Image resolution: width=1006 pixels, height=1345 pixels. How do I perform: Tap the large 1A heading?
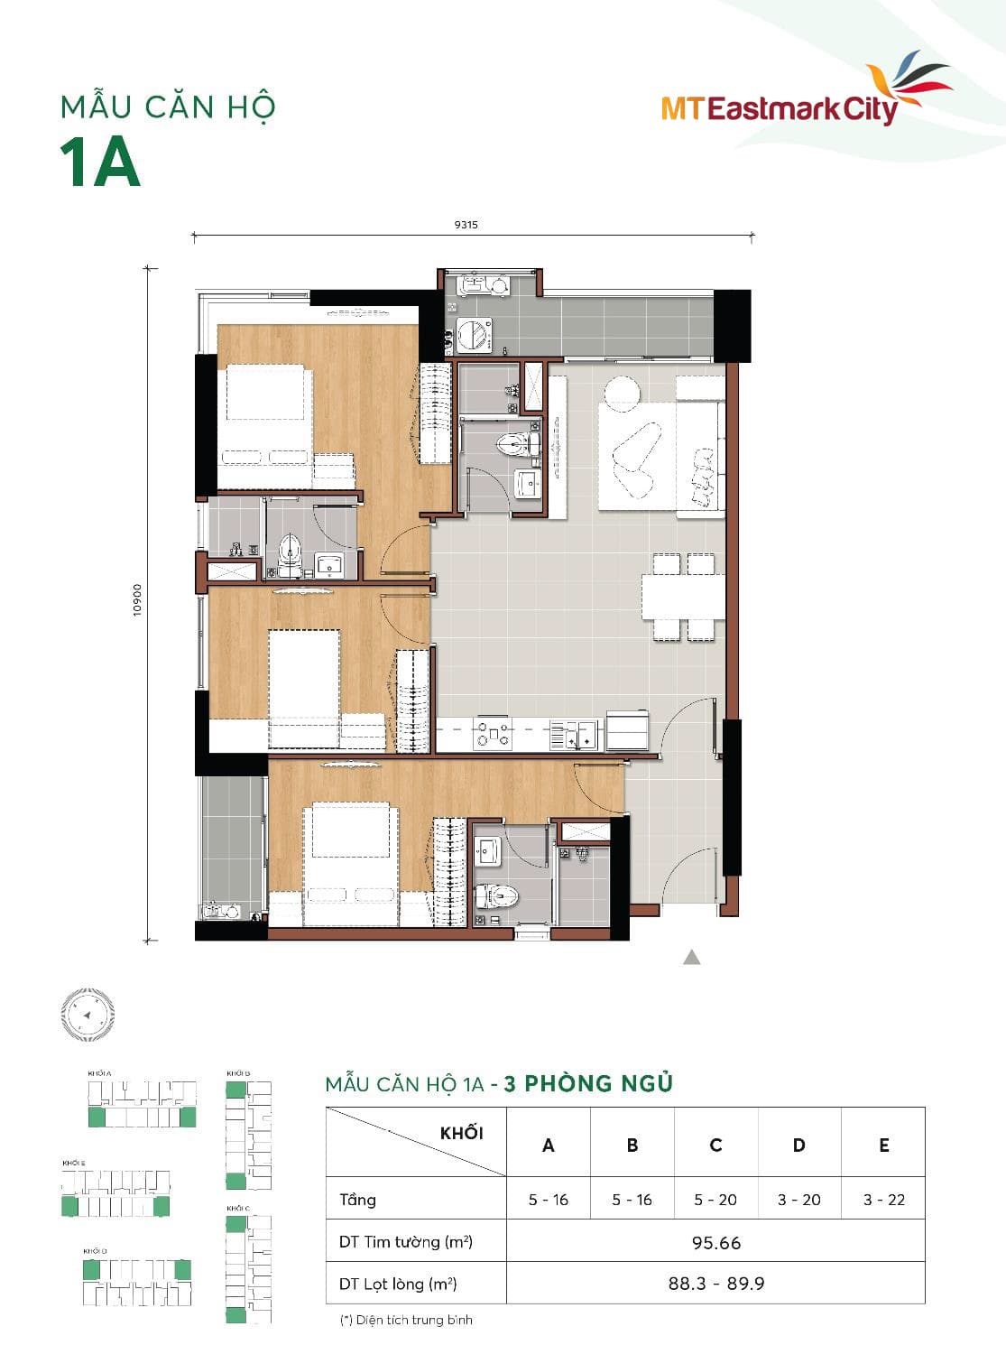(x=100, y=163)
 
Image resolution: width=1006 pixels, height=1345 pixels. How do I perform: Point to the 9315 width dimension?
(x=466, y=225)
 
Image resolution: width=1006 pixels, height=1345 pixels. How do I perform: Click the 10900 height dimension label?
(x=137, y=599)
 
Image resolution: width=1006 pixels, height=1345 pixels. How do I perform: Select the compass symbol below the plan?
(x=88, y=1015)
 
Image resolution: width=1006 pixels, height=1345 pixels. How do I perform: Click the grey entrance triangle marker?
(x=691, y=957)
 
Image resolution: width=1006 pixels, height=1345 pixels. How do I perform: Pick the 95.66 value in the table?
(x=715, y=1243)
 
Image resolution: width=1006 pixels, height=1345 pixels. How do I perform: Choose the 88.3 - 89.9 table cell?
(x=715, y=1284)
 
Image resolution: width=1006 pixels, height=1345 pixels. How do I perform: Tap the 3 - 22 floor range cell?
(x=883, y=1200)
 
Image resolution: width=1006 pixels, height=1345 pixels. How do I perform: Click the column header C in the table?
(x=715, y=1145)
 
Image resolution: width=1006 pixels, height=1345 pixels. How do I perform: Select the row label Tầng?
(x=357, y=1200)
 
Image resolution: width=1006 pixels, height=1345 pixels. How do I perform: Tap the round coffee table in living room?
(x=622, y=391)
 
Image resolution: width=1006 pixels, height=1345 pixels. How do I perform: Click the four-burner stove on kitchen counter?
(x=494, y=734)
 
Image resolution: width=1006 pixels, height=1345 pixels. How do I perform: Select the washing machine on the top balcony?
(x=473, y=334)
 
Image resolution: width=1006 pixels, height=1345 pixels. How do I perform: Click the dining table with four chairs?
(x=683, y=597)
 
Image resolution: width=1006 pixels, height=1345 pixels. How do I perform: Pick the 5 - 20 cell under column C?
(x=715, y=1200)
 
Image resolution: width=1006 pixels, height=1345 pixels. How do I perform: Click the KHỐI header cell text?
(x=461, y=1133)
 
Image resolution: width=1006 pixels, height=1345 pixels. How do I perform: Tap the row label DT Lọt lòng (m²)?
(x=398, y=1284)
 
